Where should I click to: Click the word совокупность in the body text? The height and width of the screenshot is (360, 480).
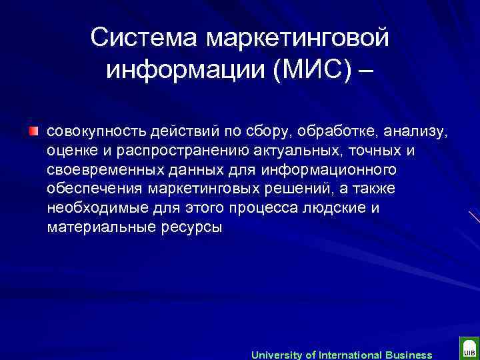tap(93, 131)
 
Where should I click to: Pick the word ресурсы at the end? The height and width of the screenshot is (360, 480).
tap(192, 228)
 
